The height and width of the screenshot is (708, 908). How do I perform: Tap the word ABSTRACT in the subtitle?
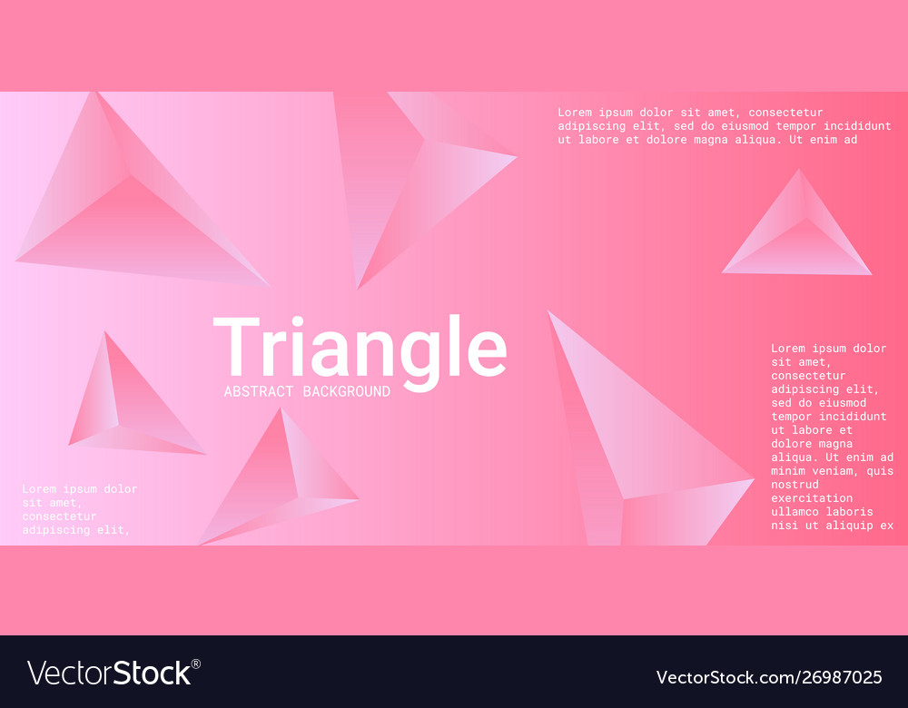pos(259,391)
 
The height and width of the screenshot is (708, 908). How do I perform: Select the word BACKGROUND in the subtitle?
pos(346,391)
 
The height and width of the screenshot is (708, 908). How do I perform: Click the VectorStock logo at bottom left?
pos(109,673)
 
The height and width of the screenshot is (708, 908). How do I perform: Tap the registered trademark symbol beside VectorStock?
pos(196,664)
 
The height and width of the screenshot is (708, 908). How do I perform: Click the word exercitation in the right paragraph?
pos(812,498)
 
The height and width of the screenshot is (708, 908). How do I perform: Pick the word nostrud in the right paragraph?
pos(794,485)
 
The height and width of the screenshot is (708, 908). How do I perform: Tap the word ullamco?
pos(794,512)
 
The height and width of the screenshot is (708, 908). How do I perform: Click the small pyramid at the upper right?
pos(797,231)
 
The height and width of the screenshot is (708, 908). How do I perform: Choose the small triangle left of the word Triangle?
pos(127,404)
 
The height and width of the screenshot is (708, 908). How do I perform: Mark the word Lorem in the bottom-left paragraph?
pos(39,489)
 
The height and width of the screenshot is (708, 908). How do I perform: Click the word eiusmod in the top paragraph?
pos(726,126)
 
